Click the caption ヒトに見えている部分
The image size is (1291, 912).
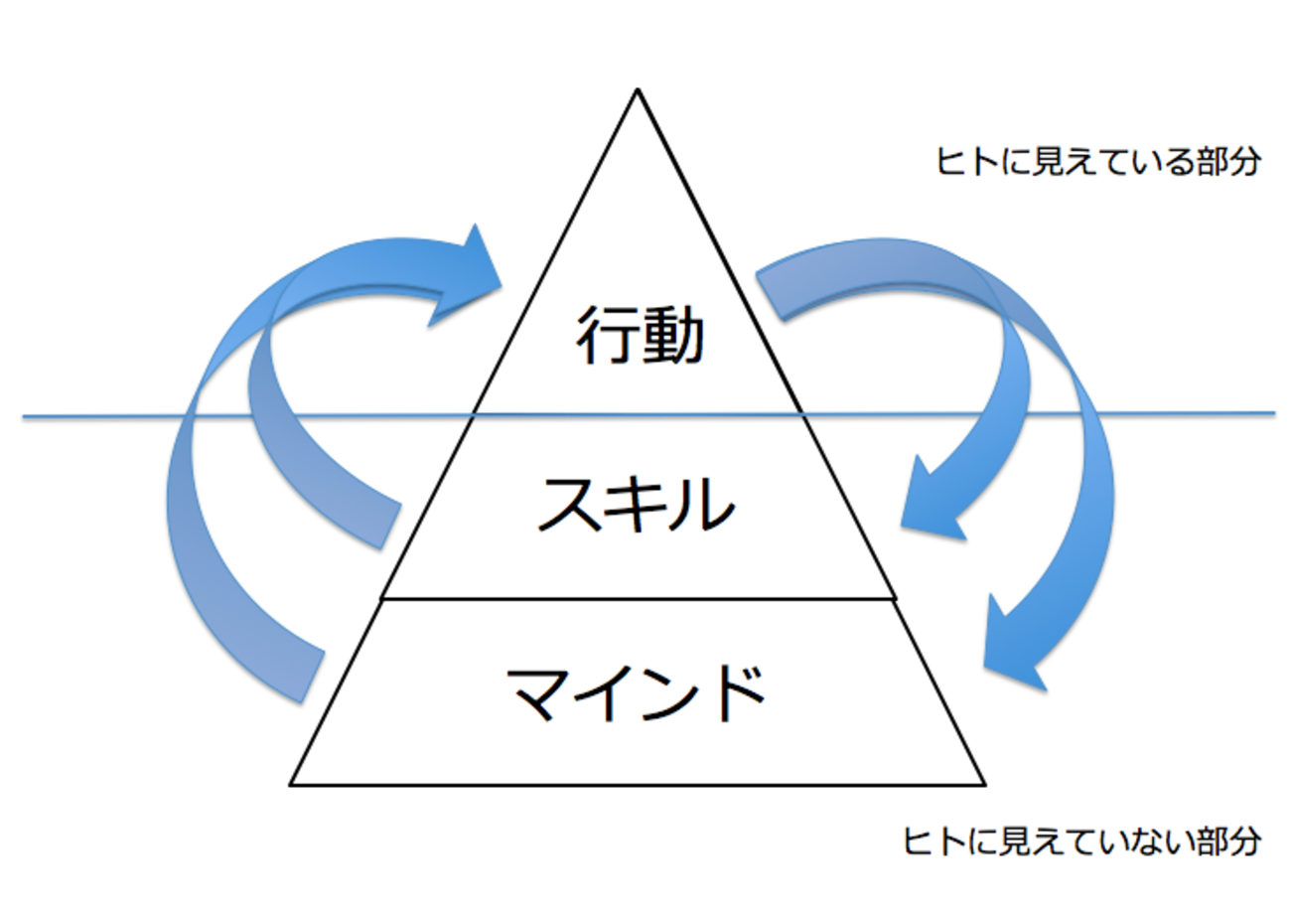tap(1098, 163)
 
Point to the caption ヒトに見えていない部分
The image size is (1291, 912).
tap(1082, 841)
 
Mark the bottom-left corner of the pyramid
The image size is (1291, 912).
tap(291, 784)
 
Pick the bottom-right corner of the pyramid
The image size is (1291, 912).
tap(984, 784)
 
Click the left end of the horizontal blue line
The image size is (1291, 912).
tap(25, 417)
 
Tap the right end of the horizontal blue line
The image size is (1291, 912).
tap(1273, 412)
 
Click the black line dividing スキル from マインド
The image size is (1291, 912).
tap(640, 599)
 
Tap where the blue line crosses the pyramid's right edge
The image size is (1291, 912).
tap(803, 414)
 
